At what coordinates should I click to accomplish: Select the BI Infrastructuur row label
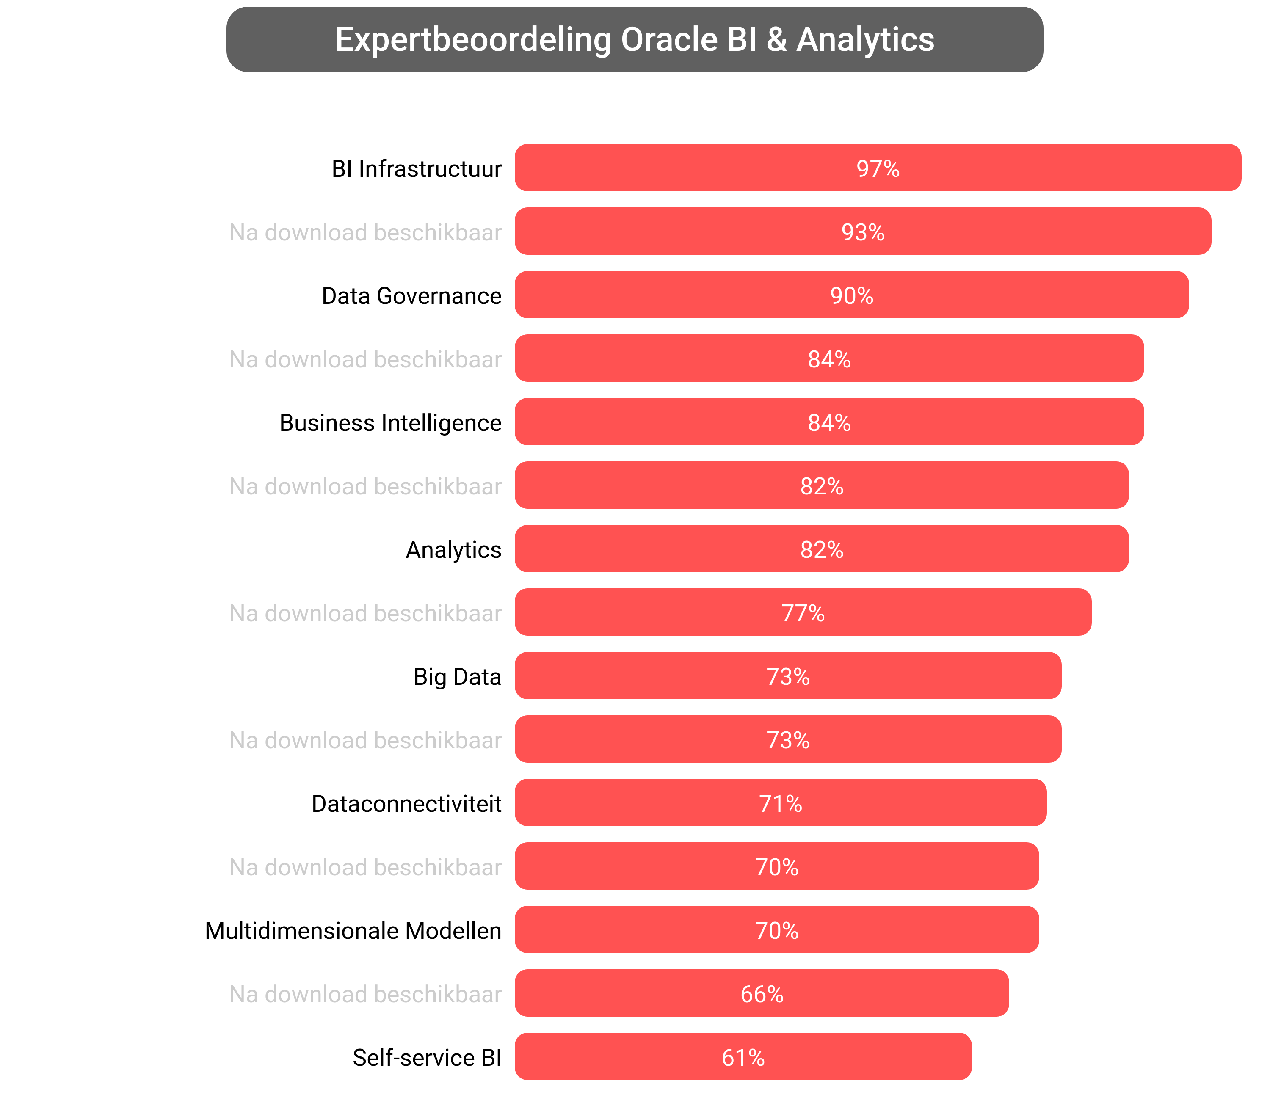coord(416,168)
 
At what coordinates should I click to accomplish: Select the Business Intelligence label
coord(390,423)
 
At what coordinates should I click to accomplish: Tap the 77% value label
coord(803,613)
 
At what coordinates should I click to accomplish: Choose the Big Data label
coord(457,676)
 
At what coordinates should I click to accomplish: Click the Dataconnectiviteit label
coord(406,803)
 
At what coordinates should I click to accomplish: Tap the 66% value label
coord(762,994)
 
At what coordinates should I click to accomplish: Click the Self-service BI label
coord(427,1057)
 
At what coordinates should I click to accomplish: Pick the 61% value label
coord(743,1057)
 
